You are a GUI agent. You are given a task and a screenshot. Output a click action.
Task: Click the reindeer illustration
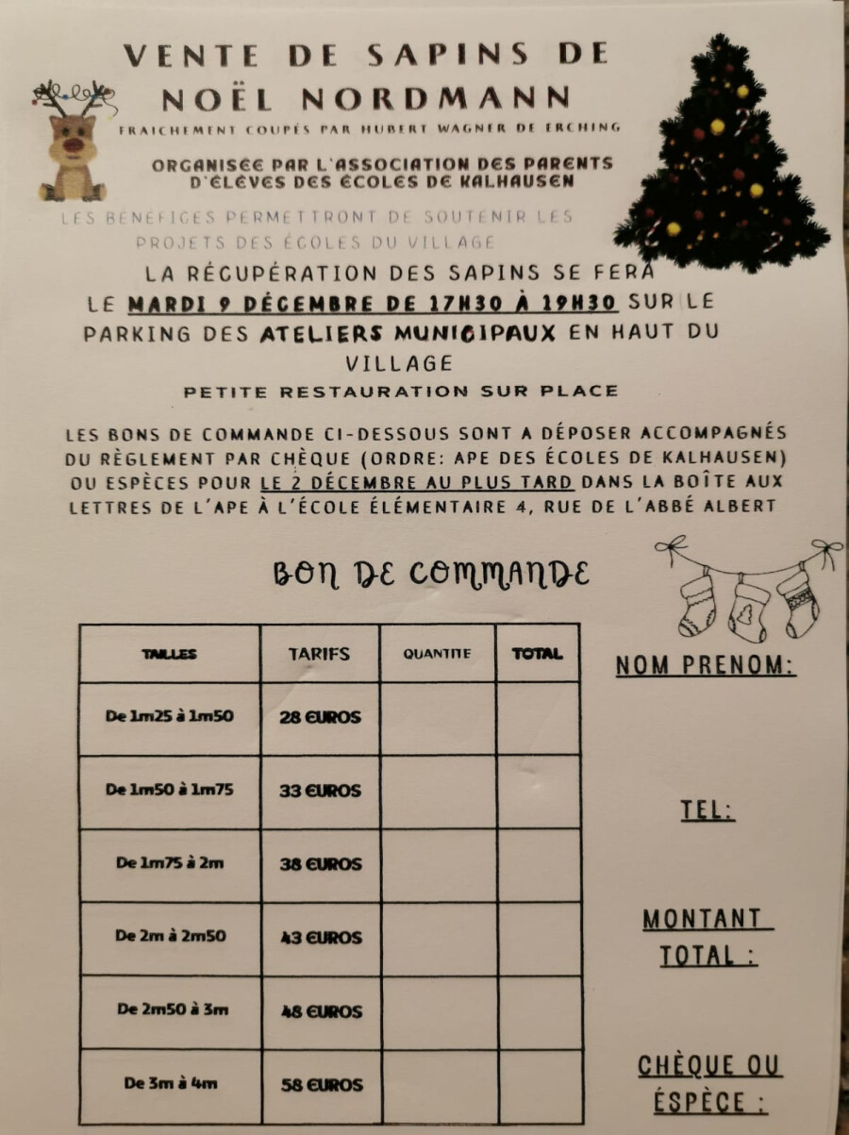pyautogui.click(x=73, y=142)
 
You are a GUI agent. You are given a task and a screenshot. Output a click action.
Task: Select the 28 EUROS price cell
pyautogui.click(x=320, y=717)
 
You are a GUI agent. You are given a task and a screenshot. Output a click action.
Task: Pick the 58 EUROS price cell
pyautogui.click(x=322, y=1085)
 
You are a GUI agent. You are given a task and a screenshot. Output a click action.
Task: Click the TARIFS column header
pyautogui.click(x=319, y=653)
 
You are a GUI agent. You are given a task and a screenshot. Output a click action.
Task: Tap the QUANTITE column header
pyautogui.click(x=437, y=653)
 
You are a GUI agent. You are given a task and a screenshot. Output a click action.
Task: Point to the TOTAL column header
pyautogui.click(x=537, y=653)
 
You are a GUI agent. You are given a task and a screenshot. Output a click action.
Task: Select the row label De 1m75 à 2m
pyautogui.click(x=170, y=863)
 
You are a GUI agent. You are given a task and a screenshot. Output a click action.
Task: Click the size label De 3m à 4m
pyautogui.click(x=170, y=1084)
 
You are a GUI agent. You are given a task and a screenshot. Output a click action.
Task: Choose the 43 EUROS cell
pyautogui.click(x=321, y=938)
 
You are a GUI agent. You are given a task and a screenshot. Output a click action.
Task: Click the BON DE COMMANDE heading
pyautogui.click(x=431, y=574)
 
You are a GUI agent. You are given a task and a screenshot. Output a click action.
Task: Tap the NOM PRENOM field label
pyautogui.click(x=706, y=666)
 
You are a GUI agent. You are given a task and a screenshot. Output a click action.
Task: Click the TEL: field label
pyautogui.click(x=707, y=810)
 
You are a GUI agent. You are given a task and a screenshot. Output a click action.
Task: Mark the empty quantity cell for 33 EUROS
pyautogui.click(x=438, y=791)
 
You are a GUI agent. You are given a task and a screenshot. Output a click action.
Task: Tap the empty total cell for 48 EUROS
pyautogui.click(x=538, y=1011)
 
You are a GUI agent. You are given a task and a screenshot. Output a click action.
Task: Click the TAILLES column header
pyautogui.click(x=170, y=653)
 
